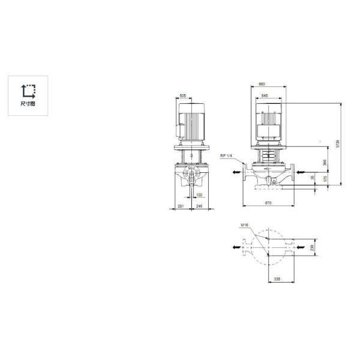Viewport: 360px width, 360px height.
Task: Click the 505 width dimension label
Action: click(182, 95)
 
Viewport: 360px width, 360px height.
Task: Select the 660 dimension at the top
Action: click(261, 84)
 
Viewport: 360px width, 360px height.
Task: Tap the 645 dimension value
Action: click(265, 95)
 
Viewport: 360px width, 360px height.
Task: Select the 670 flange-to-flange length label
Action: click(268, 204)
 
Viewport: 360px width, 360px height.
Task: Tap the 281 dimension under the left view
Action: click(179, 206)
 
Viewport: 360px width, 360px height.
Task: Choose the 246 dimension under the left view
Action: click(199, 206)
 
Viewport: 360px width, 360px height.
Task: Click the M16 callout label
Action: click(244, 226)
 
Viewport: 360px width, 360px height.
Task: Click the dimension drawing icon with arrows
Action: click(28, 91)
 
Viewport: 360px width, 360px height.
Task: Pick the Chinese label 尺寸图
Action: click(28, 104)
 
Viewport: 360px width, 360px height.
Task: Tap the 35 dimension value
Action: click(312, 178)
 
